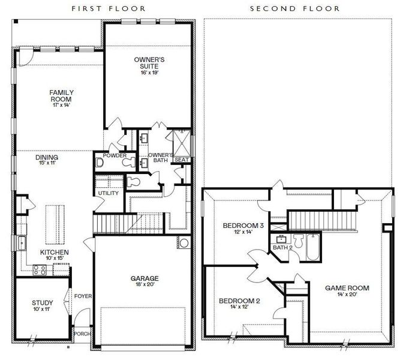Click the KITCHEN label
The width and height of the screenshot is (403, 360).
point(54,253)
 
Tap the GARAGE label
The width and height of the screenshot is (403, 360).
point(145,278)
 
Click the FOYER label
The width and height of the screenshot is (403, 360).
point(82,296)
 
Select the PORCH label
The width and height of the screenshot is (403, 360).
point(82,334)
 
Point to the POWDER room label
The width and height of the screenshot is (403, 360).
point(115,155)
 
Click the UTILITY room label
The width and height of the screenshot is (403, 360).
point(108,193)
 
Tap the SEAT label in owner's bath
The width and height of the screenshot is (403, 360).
point(182,160)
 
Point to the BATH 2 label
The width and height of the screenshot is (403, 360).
point(282,247)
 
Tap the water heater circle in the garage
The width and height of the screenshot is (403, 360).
point(184,244)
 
